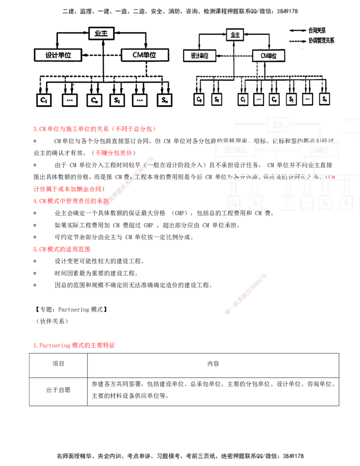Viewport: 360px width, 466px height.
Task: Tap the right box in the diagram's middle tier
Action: pyautogui.click(x=321, y=149)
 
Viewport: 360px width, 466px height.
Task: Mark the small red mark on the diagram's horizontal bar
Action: pyautogui.click(x=331, y=176)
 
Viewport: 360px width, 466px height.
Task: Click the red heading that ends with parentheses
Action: pyautogui.click(x=94, y=129)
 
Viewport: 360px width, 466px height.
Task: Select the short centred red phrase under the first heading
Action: pyautogui.click(x=113, y=153)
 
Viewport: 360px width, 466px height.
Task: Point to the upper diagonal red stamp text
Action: pyautogui.click(x=130, y=181)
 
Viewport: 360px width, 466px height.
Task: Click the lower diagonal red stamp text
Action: pyautogui.click(x=245, y=294)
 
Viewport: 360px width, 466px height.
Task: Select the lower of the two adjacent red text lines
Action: pyautogui.click(x=70, y=201)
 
